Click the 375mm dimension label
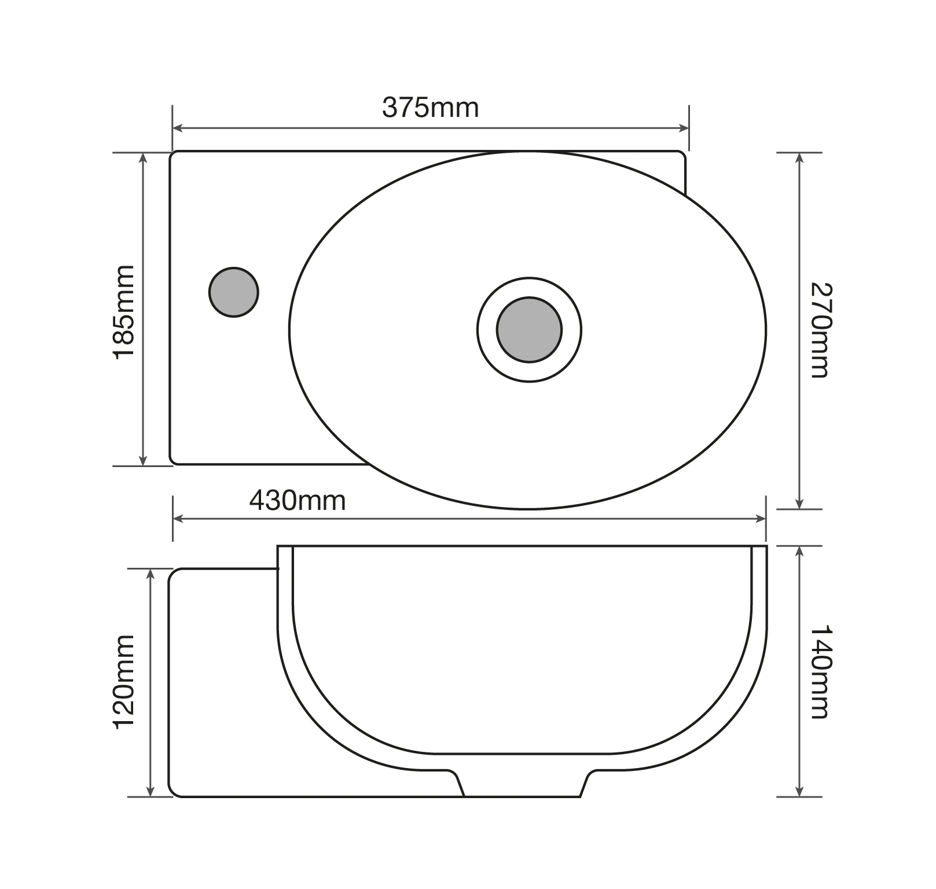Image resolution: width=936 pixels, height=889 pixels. (430, 108)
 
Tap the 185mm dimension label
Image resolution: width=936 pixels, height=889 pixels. (124, 313)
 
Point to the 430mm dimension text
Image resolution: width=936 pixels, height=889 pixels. (298, 501)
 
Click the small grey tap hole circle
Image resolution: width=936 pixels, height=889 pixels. (233, 292)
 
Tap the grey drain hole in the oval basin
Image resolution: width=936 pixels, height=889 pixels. (529, 330)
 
